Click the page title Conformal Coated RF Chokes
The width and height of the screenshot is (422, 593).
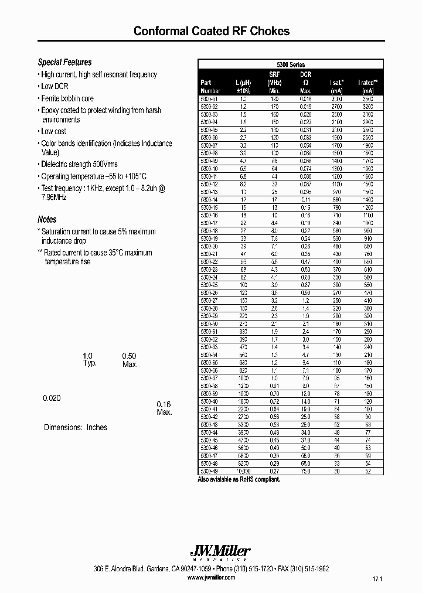point(211,31)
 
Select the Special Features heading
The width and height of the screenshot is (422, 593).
point(64,62)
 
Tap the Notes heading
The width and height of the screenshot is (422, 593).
point(47,219)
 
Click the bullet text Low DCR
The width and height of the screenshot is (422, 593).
point(55,86)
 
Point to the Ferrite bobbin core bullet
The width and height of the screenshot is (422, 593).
point(67,98)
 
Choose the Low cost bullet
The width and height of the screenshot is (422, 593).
point(53,131)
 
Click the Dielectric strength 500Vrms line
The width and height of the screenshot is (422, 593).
point(79,164)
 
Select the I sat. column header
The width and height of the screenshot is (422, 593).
point(336,83)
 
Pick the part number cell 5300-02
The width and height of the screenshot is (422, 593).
point(209,107)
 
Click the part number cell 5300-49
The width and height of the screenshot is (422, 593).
point(209,471)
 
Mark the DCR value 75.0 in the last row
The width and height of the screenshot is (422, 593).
point(305,471)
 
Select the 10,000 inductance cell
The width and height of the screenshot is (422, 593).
point(242,471)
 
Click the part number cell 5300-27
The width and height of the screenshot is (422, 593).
point(209,299)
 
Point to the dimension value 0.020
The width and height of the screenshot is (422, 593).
point(52,398)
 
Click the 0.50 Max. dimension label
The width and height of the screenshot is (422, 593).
point(129,360)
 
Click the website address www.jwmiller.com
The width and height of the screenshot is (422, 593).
point(211,577)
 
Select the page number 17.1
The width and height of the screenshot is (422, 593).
point(376,579)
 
